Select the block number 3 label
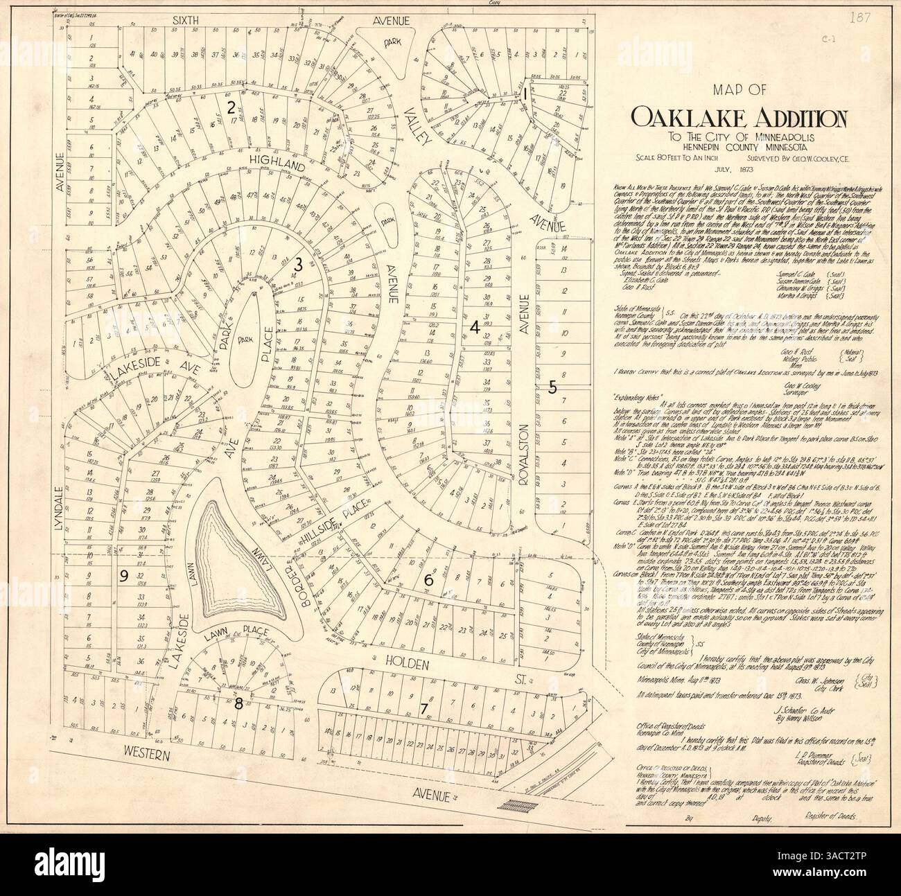coord(299,264)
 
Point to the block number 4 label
coord(475,330)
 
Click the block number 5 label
coord(552,388)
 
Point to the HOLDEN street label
coord(401,663)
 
